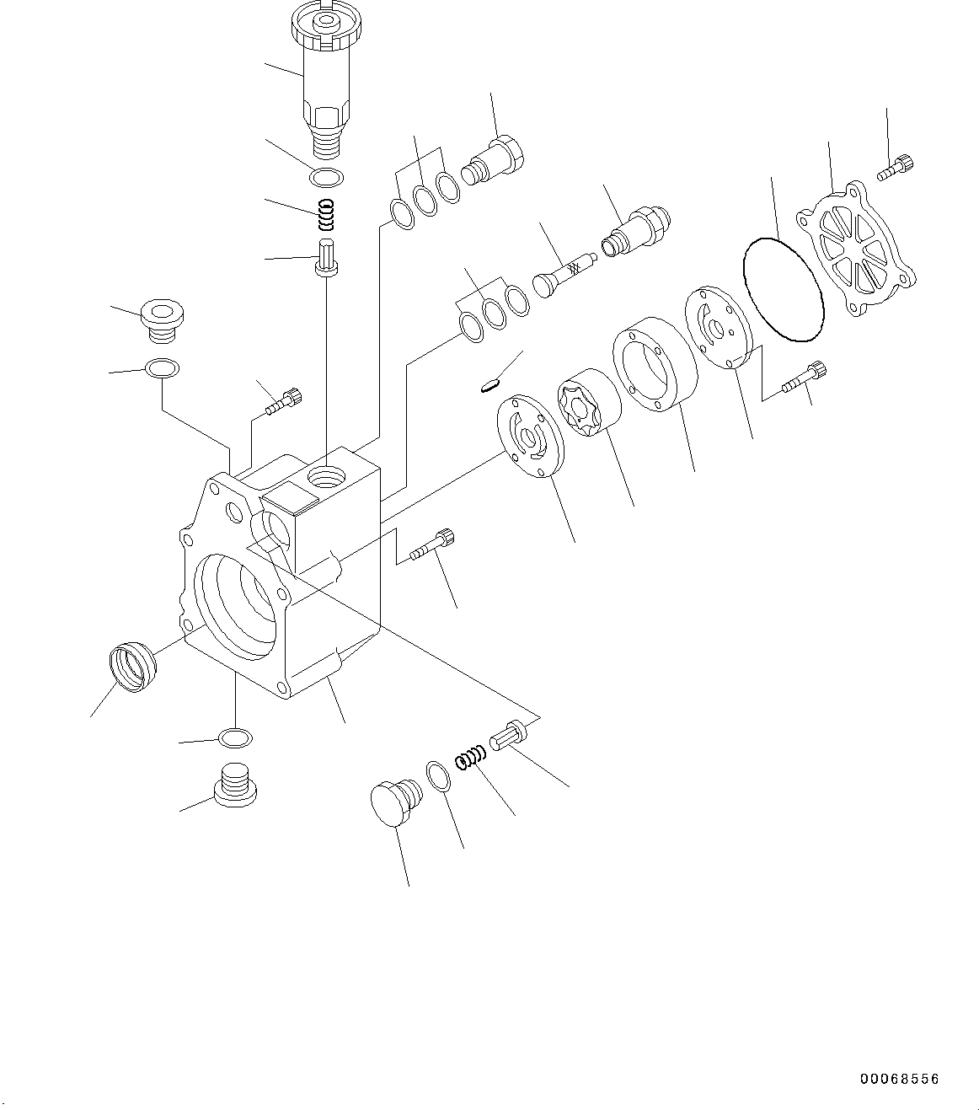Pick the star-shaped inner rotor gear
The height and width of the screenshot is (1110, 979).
pyautogui.click(x=587, y=405)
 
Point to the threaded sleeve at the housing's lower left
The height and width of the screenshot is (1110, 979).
pyautogui.click(x=133, y=666)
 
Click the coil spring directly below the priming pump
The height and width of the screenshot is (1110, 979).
pyautogui.click(x=327, y=217)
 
